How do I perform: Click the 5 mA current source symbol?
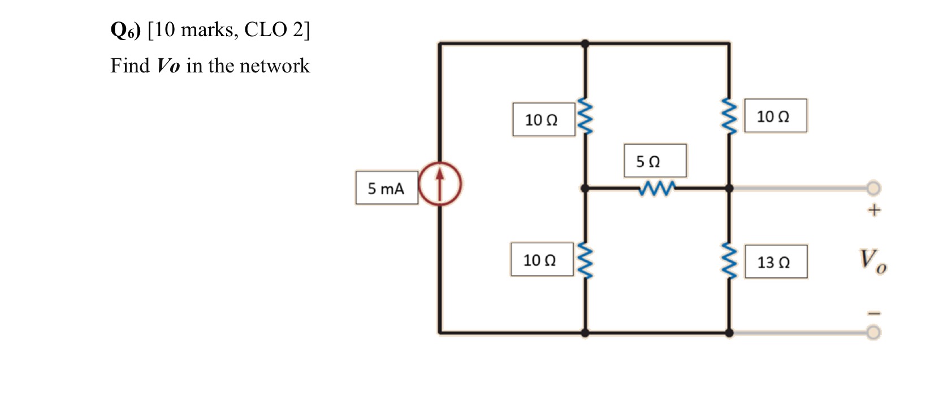pos(440,183)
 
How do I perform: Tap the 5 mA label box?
pos(387,188)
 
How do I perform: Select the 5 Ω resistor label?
pos(655,161)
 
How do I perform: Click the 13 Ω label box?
pos(776,262)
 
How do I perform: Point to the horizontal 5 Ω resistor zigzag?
pos(656,188)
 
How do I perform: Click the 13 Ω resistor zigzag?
pos(729,261)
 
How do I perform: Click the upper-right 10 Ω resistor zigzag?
pos(729,116)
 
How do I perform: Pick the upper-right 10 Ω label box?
pos(775,116)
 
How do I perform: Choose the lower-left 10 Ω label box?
pos(542,260)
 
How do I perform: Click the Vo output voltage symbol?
pos(872,261)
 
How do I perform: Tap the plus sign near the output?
pos(874,210)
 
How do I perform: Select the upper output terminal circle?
pos(873,187)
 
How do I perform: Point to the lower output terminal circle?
pos(873,332)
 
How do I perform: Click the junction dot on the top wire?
pos(585,44)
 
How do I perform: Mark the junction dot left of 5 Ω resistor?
pos(585,188)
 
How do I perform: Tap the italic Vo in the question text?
pos(168,66)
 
